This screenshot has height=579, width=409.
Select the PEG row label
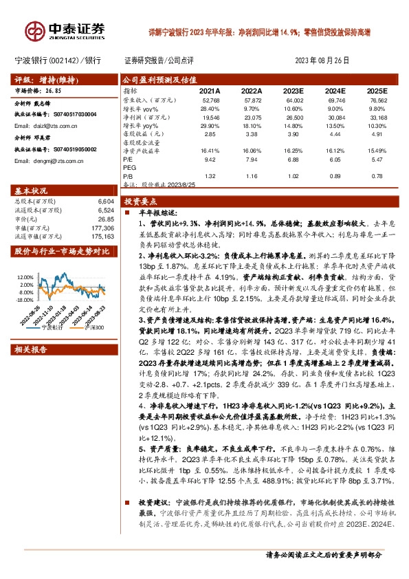click(129, 168)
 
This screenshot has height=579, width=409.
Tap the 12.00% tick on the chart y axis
click(26, 276)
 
